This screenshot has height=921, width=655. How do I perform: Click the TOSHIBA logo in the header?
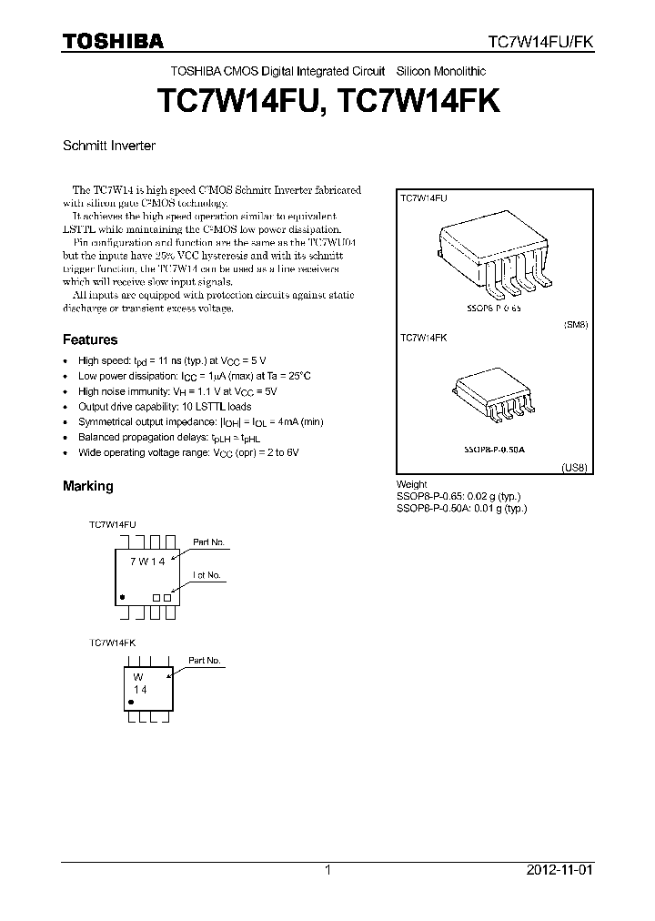click(x=113, y=40)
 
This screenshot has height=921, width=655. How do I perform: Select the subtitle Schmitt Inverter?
click(x=109, y=145)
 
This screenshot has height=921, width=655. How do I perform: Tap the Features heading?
click(x=90, y=339)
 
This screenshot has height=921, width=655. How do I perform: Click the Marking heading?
click(x=88, y=486)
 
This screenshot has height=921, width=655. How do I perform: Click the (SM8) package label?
click(x=576, y=324)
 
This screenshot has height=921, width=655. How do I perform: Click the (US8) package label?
click(x=576, y=466)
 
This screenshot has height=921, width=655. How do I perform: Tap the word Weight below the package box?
click(x=412, y=484)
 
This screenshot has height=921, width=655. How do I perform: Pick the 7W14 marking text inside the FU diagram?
click(x=146, y=562)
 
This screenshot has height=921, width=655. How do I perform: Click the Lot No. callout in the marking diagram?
click(x=207, y=575)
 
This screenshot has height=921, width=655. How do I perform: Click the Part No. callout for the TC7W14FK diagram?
click(x=204, y=660)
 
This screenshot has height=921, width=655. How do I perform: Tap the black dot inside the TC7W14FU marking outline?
click(x=122, y=597)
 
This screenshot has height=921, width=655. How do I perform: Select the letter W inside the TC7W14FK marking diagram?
click(x=139, y=678)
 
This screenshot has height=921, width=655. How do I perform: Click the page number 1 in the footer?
click(x=327, y=870)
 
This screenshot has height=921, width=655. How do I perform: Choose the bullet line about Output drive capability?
click(x=165, y=407)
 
